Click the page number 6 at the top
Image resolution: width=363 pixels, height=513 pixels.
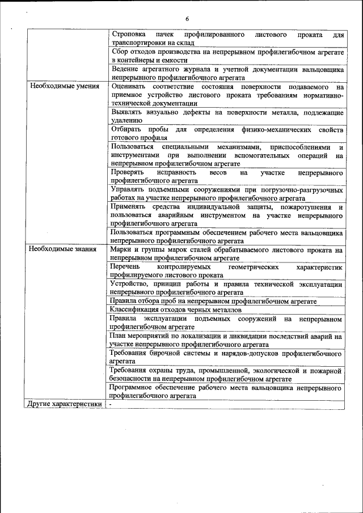(187, 19)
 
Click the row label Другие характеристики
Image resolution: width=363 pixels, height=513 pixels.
(65, 404)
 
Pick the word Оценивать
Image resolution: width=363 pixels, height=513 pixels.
(129, 87)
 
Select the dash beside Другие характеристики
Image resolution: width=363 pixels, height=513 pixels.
(111, 405)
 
